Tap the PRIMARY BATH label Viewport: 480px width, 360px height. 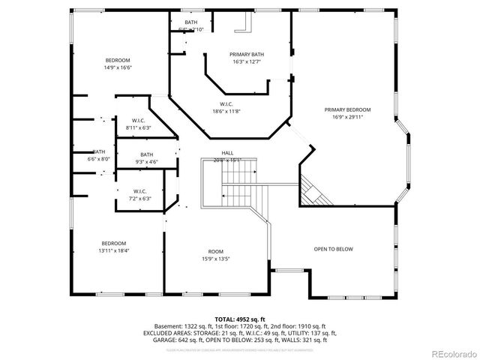click(247, 54)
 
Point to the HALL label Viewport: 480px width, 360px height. click(226, 152)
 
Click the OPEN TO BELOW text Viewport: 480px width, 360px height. click(333, 249)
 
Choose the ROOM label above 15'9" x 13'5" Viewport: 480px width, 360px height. click(216, 251)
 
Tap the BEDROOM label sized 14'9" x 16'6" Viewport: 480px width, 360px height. click(118, 60)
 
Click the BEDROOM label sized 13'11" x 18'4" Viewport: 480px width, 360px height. click(114, 243)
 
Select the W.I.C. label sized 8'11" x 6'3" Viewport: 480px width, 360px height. click(138, 121)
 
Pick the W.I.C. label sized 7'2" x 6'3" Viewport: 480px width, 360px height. click(139, 191)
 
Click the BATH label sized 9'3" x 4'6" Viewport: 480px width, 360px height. click(145, 154)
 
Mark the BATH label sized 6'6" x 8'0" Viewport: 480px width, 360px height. click(99, 151)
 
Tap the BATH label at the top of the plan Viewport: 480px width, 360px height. click(191, 22)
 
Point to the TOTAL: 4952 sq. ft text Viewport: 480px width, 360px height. click(239, 319)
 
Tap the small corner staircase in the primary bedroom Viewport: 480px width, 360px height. click(314, 191)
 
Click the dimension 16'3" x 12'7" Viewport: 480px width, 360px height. click(247, 61)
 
